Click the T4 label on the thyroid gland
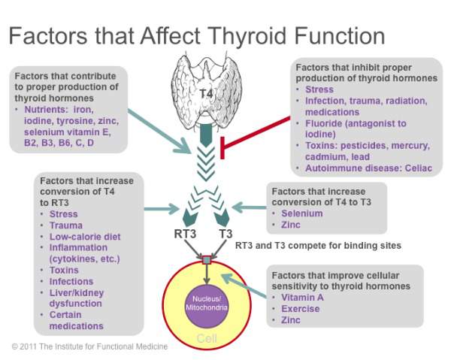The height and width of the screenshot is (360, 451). tap(206, 94)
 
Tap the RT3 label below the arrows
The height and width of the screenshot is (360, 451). tap(185, 234)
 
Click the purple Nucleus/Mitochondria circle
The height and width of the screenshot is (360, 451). tap(207, 304)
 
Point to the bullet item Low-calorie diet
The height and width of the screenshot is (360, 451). tap(85, 237)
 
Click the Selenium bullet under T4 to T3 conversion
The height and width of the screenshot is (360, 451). tap(302, 213)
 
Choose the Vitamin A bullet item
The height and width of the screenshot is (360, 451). tap(302, 298)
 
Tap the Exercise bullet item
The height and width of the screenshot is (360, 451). tap(301, 309)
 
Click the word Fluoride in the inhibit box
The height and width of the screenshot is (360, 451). tap(323, 123)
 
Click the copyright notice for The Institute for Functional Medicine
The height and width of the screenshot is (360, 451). tap(89, 346)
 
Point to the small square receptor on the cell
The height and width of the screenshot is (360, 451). tap(207, 260)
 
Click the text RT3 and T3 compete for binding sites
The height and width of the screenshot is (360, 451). tap(318, 246)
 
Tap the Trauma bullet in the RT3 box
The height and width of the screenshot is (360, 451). tap(66, 225)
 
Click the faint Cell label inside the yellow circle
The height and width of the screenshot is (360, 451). tap(207, 338)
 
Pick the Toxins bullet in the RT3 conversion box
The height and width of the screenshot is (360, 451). tap(64, 270)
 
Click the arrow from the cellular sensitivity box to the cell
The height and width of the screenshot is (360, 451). tap(244, 286)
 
